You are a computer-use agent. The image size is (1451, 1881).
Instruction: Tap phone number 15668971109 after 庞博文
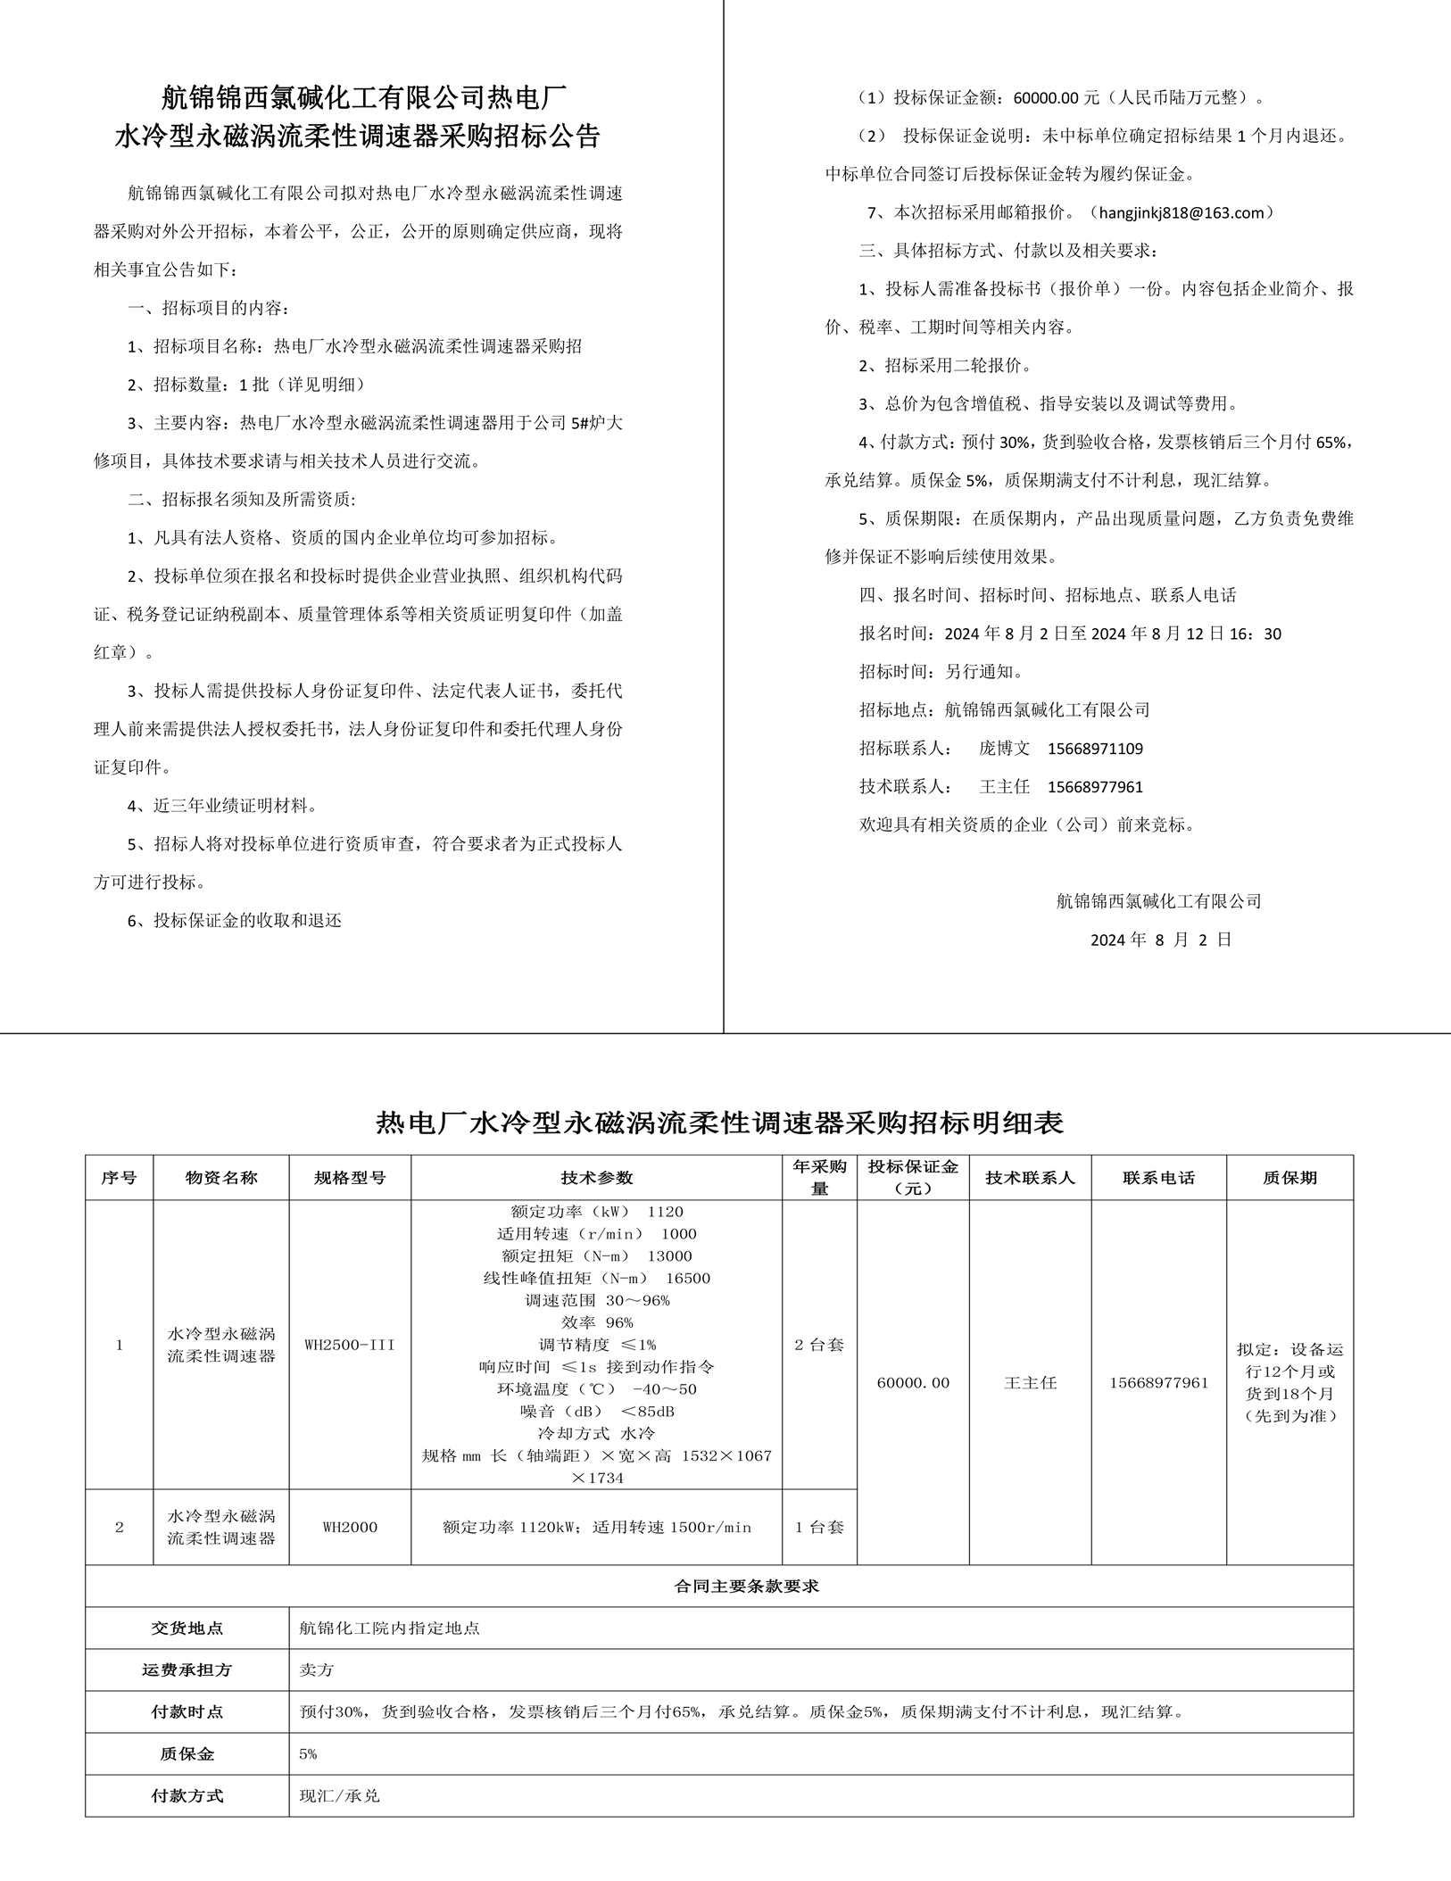click(x=1095, y=749)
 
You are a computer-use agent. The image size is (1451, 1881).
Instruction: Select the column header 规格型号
click(x=350, y=1178)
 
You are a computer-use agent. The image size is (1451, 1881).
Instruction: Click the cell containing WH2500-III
click(x=350, y=1345)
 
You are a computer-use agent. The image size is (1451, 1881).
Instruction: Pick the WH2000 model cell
click(x=350, y=1527)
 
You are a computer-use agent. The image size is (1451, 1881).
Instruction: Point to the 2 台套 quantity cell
click(x=819, y=1345)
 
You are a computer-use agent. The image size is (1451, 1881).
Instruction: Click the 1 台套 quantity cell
click(x=819, y=1527)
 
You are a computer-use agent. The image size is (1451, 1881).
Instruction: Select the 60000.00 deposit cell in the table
click(x=913, y=1382)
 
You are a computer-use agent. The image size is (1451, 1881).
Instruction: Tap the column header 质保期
click(x=1289, y=1178)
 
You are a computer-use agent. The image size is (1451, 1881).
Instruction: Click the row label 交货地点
click(x=187, y=1628)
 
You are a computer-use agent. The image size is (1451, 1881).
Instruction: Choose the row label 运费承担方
click(x=187, y=1670)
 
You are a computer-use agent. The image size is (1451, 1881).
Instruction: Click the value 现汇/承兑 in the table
click(x=340, y=1795)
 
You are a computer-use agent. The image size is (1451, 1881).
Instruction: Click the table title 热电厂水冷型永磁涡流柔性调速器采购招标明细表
click(x=719, y=1123)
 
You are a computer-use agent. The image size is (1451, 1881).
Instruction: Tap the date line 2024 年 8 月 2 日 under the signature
click(x=1160, y=940)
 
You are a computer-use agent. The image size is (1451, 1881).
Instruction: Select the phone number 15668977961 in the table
click(x=1158, y=1382)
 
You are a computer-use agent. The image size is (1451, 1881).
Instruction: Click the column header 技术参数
click(x=596, y=1178)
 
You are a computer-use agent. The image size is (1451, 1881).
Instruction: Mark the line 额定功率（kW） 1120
click(x=596, y=1212)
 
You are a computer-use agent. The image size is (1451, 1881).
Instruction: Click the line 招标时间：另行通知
click(x=941, y=672)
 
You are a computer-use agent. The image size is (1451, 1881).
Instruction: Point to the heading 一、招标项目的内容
click(x=209, y=309)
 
